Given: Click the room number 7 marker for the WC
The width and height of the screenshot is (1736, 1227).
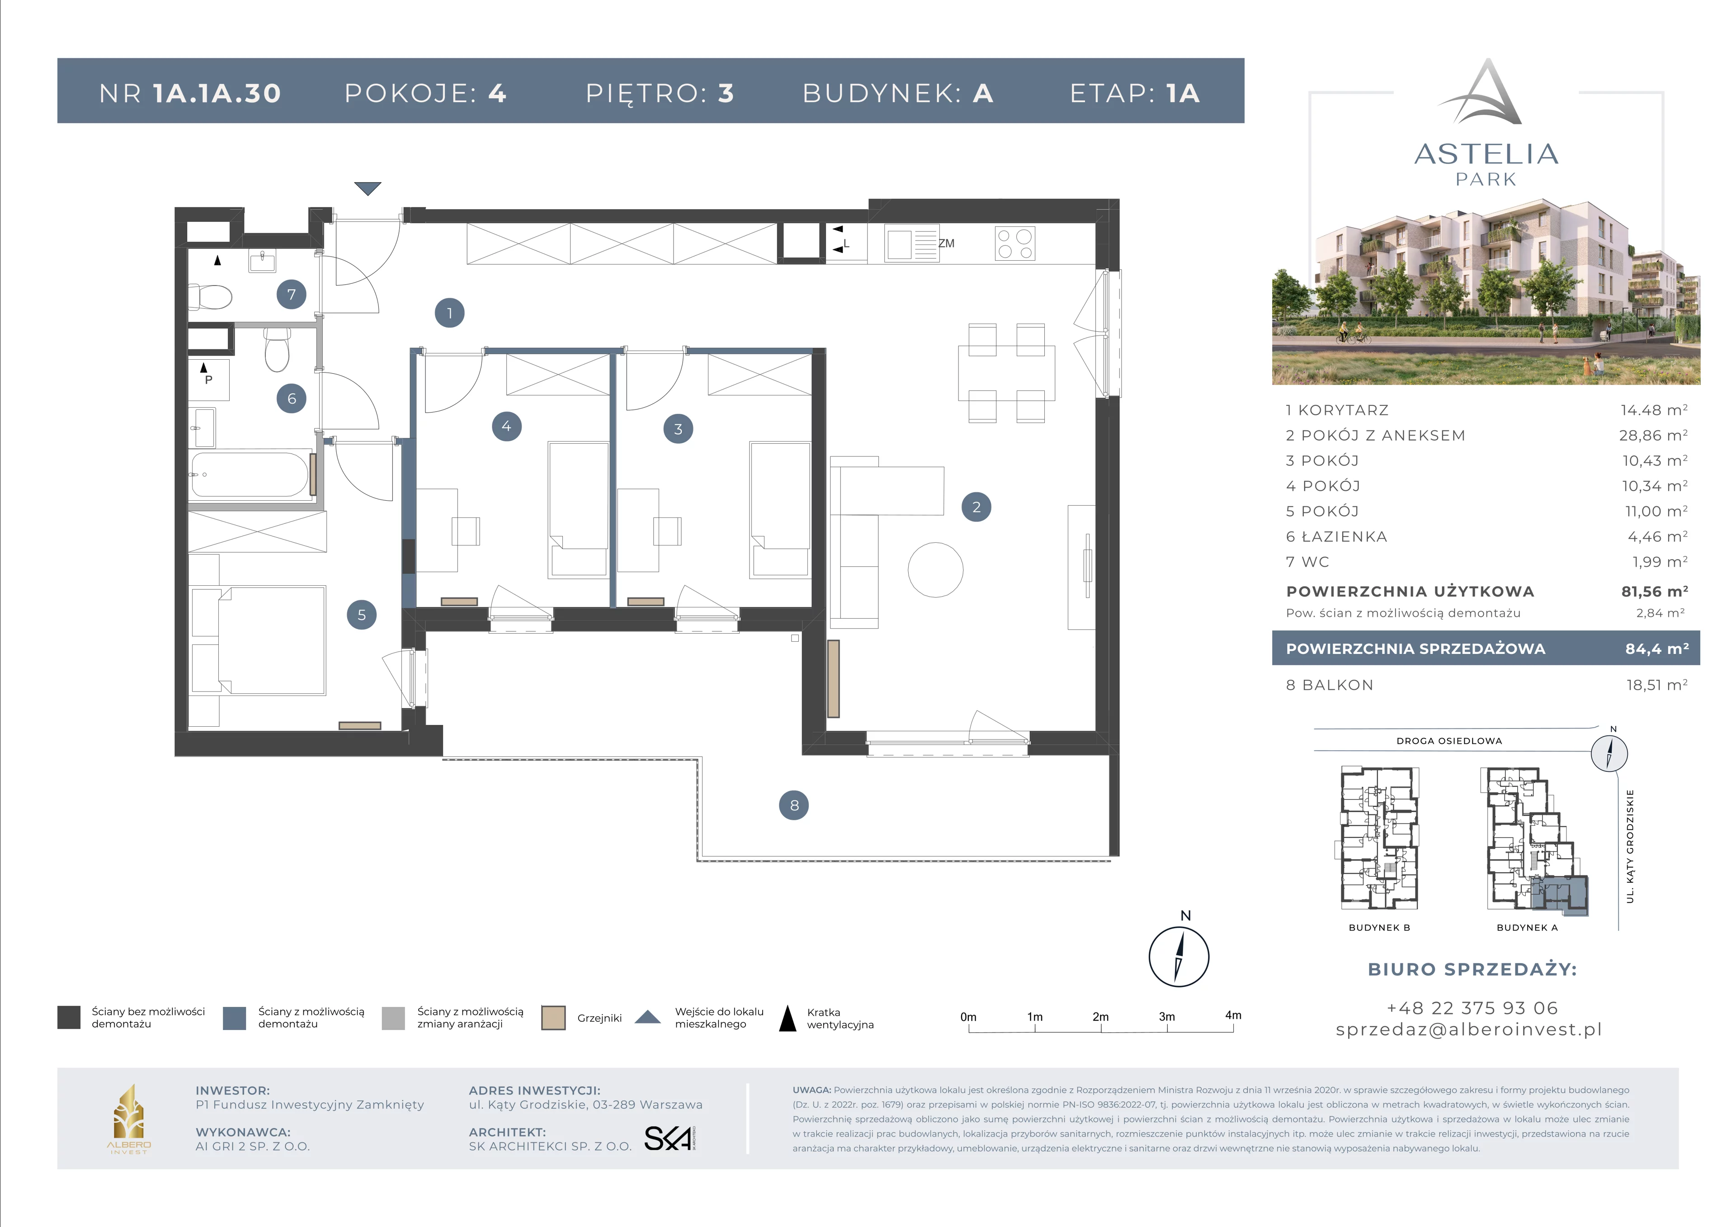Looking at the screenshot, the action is tap(291, 294).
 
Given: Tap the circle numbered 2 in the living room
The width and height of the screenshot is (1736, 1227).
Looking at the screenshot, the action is tap(976, 507).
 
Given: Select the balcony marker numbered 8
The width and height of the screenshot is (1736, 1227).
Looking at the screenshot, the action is tap(794, 805).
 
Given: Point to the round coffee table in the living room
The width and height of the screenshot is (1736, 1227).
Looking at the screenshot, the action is tap(935, 570).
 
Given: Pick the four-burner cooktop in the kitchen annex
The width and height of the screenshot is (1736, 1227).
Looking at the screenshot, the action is tap(1014, 244).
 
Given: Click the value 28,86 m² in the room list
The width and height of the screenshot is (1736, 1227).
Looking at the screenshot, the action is tap(1653, 436).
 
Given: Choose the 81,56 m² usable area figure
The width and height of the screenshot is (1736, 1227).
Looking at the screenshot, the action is tap(1654, 591).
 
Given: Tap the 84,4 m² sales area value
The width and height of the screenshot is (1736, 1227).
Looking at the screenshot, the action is tap(1656, 649).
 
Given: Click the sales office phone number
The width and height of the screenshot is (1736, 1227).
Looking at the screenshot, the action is tap(1472, 1008).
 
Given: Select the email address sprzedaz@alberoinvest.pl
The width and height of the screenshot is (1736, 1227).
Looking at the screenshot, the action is tap(1469, 1030).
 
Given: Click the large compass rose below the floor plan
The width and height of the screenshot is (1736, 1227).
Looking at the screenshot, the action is tap(1179, 956).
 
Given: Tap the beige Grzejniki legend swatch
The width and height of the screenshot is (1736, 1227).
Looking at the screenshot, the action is tap(553, 1018).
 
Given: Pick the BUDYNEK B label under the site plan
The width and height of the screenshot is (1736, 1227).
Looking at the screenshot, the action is tap(1379, 928).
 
